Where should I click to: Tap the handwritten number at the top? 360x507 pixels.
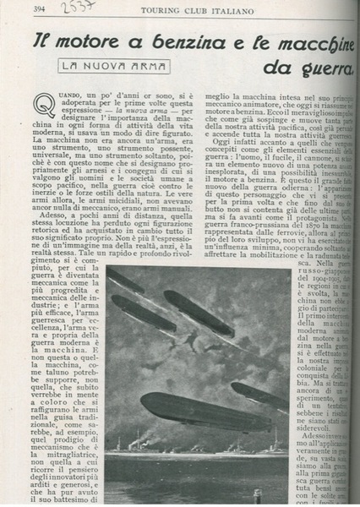pos(83,8)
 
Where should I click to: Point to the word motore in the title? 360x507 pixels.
pos(88,41)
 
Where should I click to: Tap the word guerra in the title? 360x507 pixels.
pos(325,68)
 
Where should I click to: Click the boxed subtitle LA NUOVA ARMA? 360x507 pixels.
pos(114,66)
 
